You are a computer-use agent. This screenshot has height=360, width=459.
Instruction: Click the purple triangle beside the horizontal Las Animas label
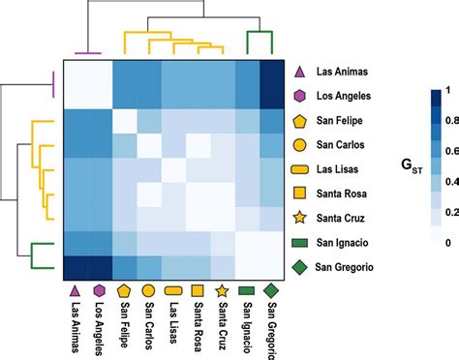(x=300, y=72)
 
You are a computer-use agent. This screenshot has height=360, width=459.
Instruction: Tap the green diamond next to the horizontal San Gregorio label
(x=300, y=267)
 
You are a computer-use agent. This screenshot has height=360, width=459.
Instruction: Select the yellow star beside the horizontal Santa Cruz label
(x=300, y=219)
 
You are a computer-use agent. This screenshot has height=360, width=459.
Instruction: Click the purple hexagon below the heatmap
(x=99, y=289)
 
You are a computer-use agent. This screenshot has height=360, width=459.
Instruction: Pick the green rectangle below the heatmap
(x=246, y=289)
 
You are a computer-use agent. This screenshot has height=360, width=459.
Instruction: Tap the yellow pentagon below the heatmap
(x=124, y=289)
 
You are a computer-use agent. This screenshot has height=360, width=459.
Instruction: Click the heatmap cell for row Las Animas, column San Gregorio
(x=271, y=73)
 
